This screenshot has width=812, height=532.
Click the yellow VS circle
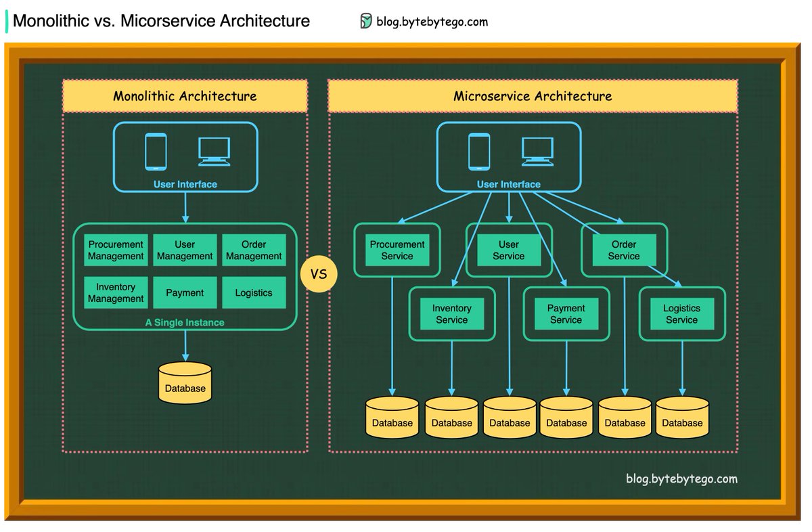(x=318, y=274)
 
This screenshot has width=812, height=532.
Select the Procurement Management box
(x=116, y=250)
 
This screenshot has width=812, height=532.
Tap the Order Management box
(x=254, y=250)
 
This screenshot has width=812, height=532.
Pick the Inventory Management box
(x=116, y=292)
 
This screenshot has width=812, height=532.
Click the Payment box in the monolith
(x=185, y=292)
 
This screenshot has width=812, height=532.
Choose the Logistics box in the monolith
(x=254, y=292)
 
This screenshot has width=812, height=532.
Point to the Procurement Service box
(x=397, y=250)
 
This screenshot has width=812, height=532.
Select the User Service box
(x=508, y=250)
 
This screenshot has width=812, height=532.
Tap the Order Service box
(x=623, y=250)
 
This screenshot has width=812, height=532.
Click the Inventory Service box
(x=451, y=314)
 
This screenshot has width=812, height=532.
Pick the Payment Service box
(x=566, y=314)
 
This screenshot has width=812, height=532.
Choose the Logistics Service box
(x=681, y=314)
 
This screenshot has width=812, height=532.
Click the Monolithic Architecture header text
(x=185, y=96)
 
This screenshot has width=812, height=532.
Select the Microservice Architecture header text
(x=533, y=96)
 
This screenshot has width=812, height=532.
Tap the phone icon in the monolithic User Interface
(x=156, y=152)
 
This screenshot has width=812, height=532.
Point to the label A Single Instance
(x=185, y=323)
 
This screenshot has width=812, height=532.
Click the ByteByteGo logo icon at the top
(x=366, y=21)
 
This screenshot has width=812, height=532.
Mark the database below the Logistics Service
(x=682, y=417)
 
